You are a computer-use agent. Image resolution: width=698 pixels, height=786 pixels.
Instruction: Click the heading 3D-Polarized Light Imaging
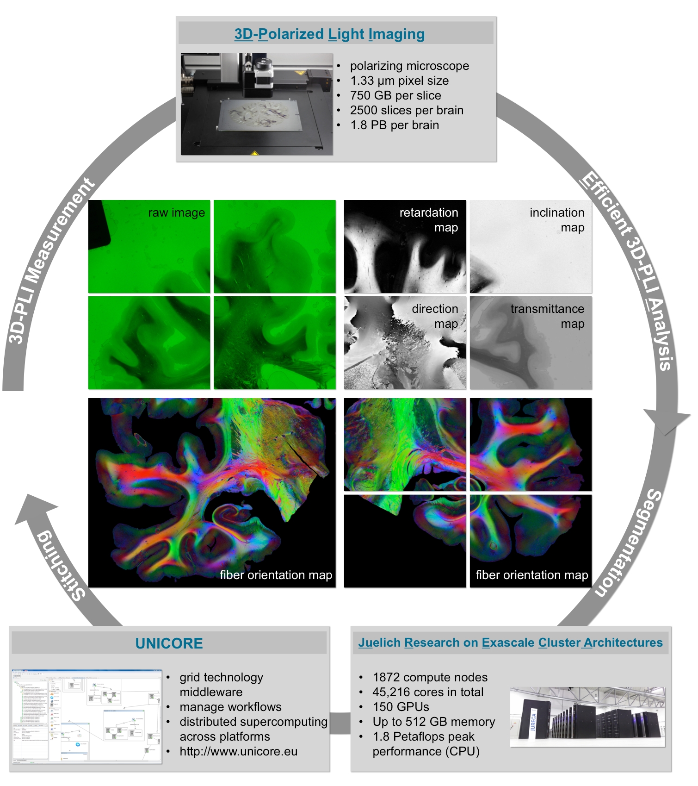pyautogui.click(x=329, y=34)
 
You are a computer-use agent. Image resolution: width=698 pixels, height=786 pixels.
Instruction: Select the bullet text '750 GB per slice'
pyautogui.click(x=395, y=95)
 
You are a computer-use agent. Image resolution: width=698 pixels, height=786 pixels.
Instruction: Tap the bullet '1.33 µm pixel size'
pyautogui.click(x=399, y=81)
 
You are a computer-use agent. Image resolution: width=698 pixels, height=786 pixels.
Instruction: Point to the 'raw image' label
pyautogui.click(x=176, y=213)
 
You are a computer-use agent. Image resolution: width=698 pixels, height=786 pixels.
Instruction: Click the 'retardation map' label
pyautogui.click(x=429, y=220)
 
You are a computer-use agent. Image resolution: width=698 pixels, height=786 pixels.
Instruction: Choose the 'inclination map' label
pyautogui.click(x=557, y=220)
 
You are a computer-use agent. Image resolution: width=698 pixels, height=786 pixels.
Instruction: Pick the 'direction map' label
pyautogui.click(x=435, y=316)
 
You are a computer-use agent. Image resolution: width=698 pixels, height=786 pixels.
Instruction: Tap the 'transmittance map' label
pyautogui.click(x=547, y=316)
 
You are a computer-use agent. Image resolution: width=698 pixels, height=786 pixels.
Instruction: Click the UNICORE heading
pyautogui.click(x=169, y=643)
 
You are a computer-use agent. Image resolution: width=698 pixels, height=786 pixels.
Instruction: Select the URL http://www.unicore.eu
pyautogui.click(x=238, y=751)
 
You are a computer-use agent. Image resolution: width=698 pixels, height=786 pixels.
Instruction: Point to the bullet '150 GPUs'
pyautogui.click(x=401, y=707)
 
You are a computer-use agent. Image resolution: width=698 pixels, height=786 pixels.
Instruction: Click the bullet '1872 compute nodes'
pyautogui.click(x=430, y=677)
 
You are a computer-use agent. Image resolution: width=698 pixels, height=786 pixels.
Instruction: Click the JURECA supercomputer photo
pyautogui.click(x=587, y=717)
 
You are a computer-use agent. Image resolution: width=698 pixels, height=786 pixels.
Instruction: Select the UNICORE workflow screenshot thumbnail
pyautogui.click(x=86, y=716)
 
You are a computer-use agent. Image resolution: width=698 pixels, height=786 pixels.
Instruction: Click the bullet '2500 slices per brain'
pyautogui.click(x=407, y=110)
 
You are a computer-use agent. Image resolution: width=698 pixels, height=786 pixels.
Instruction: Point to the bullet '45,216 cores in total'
pyautogui.click(x=428, y=692)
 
